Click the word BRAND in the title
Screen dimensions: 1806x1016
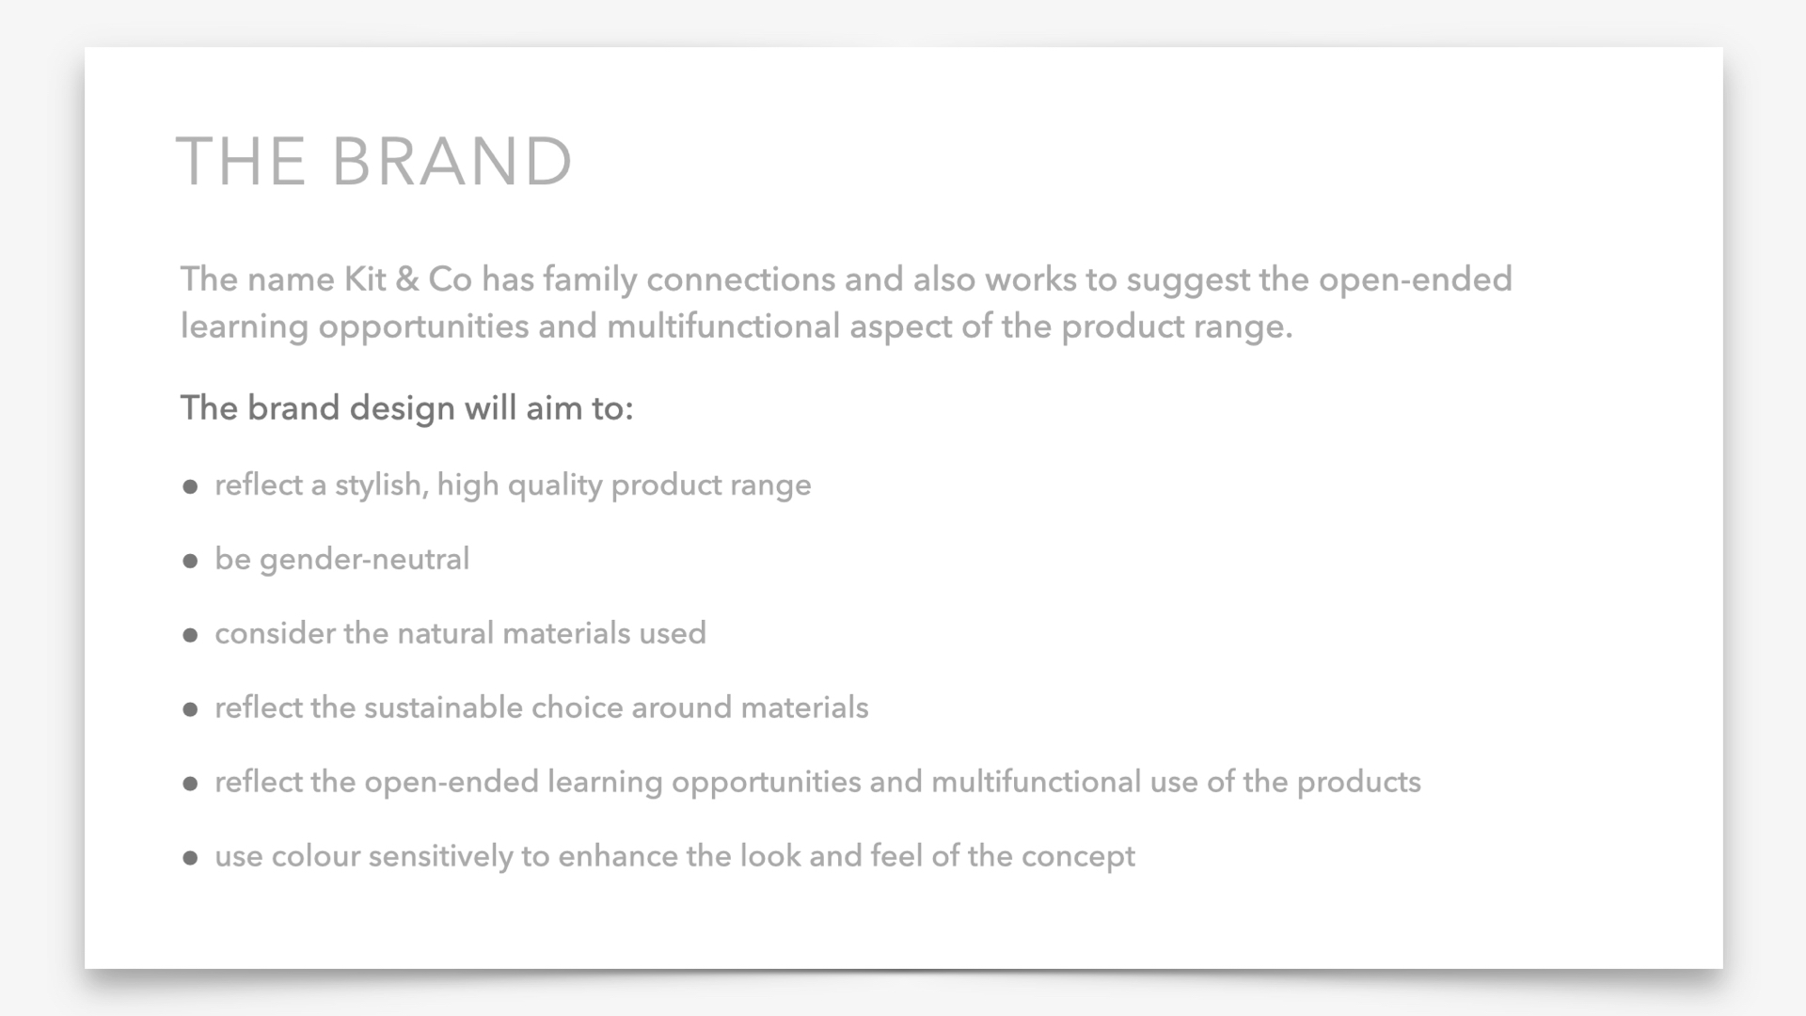[x=451, y=161]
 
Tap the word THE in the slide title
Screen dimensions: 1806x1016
[x=241, y=161]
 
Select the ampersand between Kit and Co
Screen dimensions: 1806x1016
[x=407, y=279]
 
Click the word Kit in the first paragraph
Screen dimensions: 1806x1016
[x=366, y=279]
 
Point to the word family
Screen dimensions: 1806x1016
[x=590, y=280]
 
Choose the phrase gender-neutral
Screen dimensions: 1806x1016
[x=364, y=560]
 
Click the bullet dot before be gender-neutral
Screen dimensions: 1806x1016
[x=190, y=562]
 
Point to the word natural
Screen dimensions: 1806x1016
[x=446, y=633]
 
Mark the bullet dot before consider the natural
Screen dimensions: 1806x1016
[x=190, y=636]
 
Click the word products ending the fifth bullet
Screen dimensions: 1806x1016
[x=1358, y=783]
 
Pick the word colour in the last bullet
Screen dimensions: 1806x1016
[x=316, y=856]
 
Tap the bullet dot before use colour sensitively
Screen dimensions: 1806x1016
[x=190, y=859]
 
